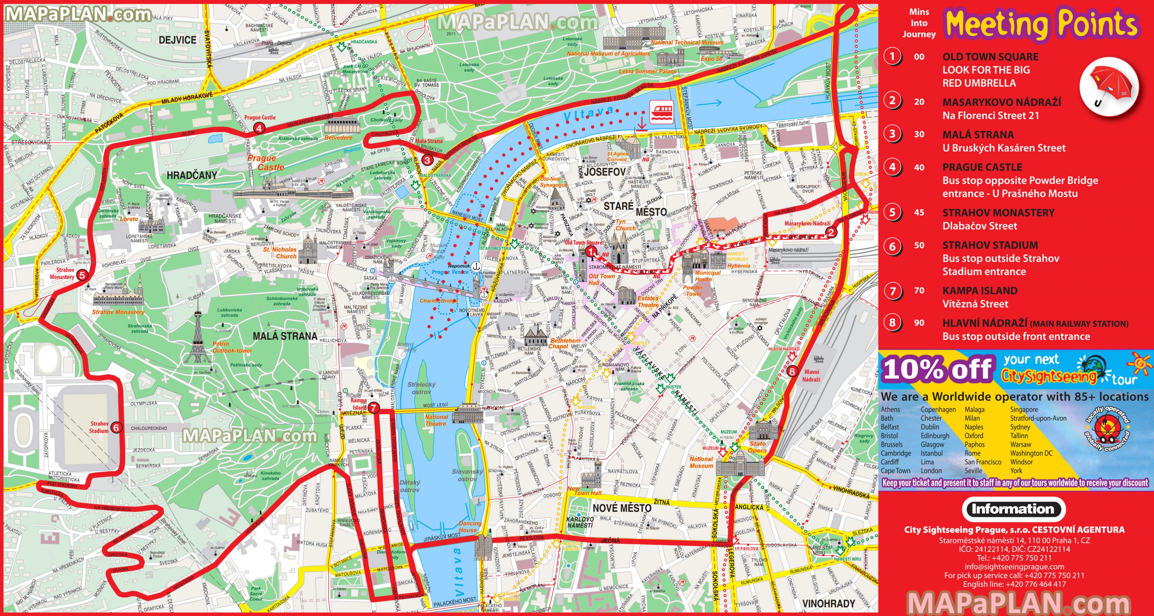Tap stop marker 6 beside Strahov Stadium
(x=116, y=427)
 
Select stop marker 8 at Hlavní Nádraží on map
(x=792, y=371)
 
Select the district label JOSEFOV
(x=605, y=172)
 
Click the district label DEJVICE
(x=177, y=40)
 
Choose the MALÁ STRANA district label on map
(x=285, y=336)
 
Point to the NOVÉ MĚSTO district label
(x=622, y=508)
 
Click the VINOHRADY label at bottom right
(x=828, y=603)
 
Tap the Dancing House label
(x=470, y=526)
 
